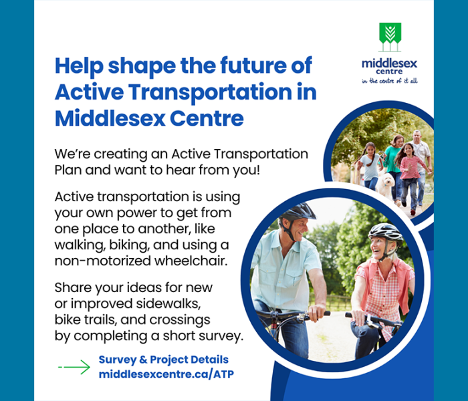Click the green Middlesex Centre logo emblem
[x=390, y=37]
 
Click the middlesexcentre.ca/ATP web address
[x=166, y=374]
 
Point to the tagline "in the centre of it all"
[x=389, y=81]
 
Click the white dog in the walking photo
[x=386, y=185]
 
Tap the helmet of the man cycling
[x=298, y=213]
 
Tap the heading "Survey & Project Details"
[x=163, y=360]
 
